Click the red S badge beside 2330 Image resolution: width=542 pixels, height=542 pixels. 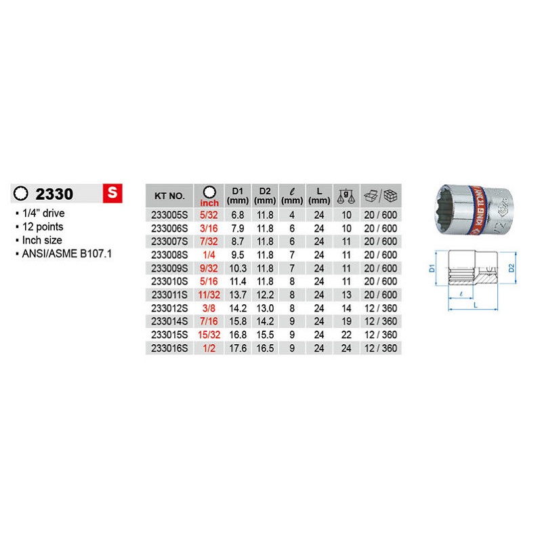click(112, 193)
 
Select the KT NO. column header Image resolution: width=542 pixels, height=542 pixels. click(169, 196)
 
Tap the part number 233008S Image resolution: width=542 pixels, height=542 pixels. click(169, 255)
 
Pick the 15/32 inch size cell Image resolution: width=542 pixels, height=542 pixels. click(209, 335)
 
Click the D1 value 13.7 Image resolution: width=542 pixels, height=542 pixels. click(238, 295)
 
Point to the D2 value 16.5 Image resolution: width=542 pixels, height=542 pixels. click(265, 348)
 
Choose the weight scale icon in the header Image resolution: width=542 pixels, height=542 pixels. click(346, 196)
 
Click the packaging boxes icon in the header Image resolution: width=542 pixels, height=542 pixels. click(381, 196)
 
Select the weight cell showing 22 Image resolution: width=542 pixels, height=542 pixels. click(346, 335)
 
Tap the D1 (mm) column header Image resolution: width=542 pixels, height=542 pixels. click(238, 196)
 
